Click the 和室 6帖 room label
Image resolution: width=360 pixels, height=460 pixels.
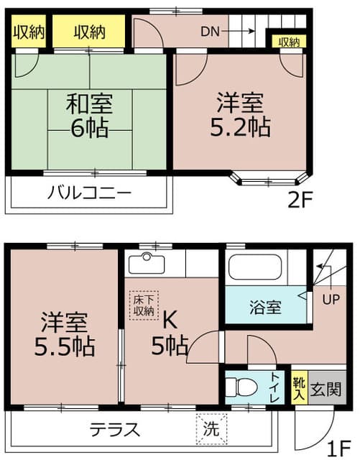tap(90, 116)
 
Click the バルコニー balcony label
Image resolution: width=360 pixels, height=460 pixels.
tap(90, 193)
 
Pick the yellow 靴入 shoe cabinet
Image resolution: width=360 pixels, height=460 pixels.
tap(299, 390)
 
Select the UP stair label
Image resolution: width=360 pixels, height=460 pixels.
tap(333, 298)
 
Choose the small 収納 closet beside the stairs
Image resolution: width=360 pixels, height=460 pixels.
tap(289, 42)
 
